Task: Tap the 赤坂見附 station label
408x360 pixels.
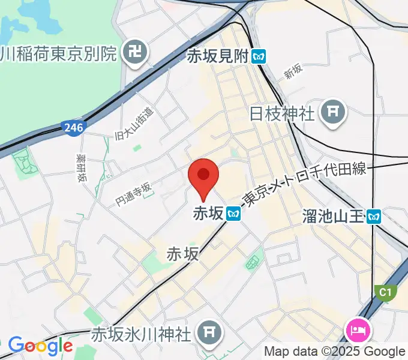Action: click(217, 56)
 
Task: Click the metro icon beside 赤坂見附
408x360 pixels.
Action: click(259, 57)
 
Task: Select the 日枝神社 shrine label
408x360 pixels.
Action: click(281, 113)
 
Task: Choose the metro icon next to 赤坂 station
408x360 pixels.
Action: click(234, 213)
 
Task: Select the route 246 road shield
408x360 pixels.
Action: click(72, 128)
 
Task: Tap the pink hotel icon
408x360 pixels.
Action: click(358, 331)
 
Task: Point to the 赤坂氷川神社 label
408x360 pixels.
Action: click(143, 332)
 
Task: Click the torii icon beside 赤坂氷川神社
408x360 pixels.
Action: click(209, 331)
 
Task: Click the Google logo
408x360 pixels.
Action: click(40, 346)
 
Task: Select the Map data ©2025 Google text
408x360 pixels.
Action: click(335, 352)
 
